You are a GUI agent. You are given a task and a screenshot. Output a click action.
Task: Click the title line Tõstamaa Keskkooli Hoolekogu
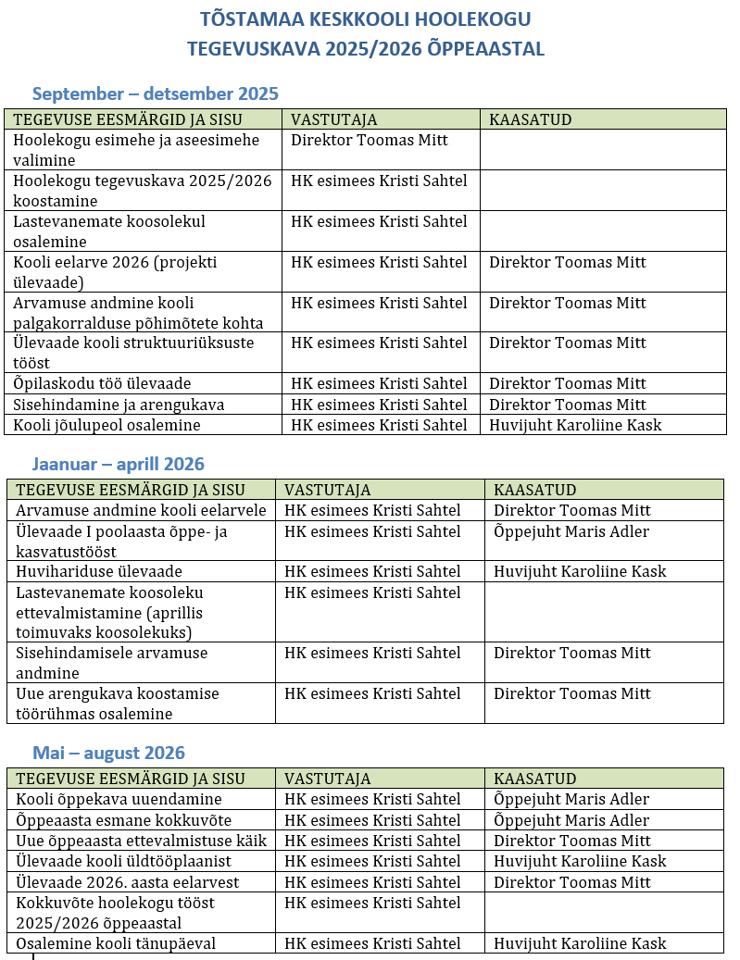click(366, 19)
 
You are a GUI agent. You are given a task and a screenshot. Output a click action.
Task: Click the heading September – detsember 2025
click(155, 94)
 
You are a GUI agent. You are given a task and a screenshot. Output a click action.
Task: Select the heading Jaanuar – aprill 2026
click(118, 464)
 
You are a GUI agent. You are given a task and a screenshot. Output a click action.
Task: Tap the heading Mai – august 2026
click(108, 753)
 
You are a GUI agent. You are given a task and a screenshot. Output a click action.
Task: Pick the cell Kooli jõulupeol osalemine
click(107, 425)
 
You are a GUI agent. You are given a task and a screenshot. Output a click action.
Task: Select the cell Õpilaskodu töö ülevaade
click(102, 383)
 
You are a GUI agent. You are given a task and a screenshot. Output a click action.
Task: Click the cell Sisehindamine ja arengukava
click(119, 405)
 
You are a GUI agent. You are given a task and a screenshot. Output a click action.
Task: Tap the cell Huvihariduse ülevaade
click(99, 571)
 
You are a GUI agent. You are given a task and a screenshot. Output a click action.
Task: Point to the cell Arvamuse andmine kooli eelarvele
click(141, 510)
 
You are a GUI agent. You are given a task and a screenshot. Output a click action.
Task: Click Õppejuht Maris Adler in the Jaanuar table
click(571, 531)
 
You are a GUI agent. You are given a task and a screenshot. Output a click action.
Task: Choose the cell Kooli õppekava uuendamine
click(119, 799)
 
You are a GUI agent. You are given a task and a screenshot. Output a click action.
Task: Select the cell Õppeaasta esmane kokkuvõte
click(124, 820)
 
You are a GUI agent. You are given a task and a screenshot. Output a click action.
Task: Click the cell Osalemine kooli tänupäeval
click(116, 943)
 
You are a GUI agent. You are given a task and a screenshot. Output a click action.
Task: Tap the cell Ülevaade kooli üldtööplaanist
click(124, 862)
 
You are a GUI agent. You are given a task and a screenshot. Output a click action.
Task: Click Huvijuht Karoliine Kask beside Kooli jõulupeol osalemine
click(575, 425)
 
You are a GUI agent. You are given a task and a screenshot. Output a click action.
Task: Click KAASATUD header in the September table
click(531, 119)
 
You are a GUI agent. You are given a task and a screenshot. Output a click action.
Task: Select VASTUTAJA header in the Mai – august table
click(328, 779)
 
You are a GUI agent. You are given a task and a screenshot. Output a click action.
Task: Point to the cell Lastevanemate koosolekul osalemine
click(109, 231)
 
